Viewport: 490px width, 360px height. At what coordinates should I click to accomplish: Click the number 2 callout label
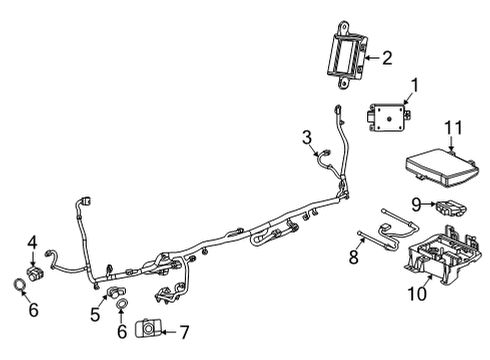pos(387,59)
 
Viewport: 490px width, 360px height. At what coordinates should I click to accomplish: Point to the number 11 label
pos(455,128)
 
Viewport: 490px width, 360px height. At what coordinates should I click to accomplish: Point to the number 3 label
pos(307,137)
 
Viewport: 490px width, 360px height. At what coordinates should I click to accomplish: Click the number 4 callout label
pos(32,241)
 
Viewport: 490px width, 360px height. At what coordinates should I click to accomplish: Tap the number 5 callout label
pos(94,316)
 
